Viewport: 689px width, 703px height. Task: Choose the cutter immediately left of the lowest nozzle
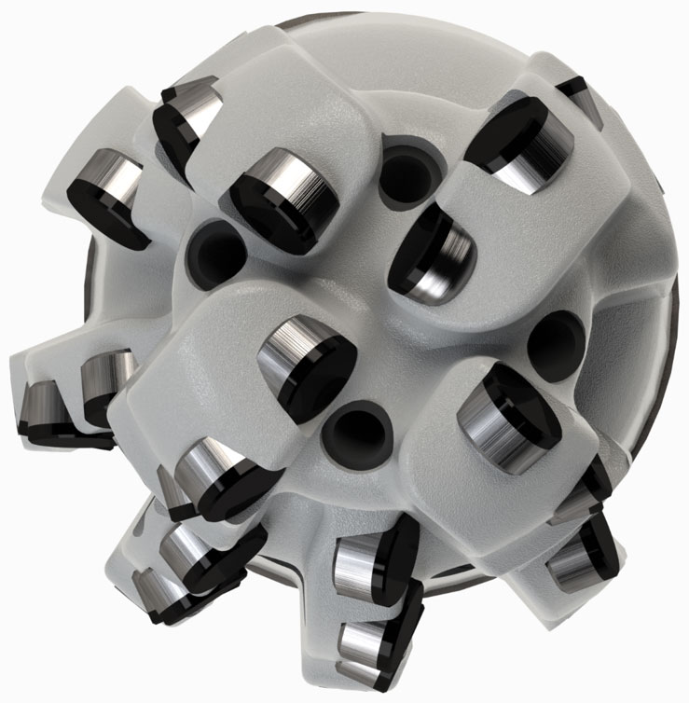pos(213,475)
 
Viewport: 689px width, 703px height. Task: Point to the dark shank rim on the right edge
pos(674,308)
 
